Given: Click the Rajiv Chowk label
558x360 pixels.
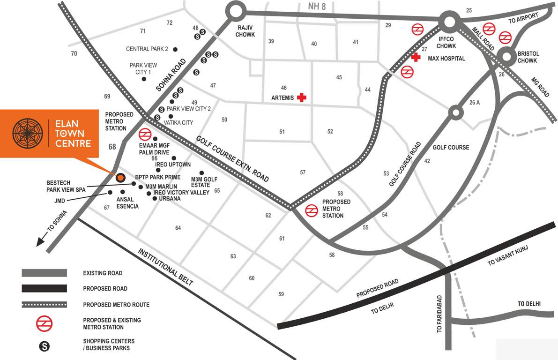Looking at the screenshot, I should pos(245,31).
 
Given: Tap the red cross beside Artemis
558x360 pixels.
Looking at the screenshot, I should pos(302,97).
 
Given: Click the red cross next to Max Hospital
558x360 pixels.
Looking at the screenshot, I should pos(415,58).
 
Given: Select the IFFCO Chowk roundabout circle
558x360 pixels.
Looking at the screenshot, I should pos(448,22).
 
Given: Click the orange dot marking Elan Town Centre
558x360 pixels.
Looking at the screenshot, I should pos(120,178).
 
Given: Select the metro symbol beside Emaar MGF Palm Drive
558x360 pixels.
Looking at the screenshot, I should pos(144,135).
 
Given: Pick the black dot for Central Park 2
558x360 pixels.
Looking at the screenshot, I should pos(175,49).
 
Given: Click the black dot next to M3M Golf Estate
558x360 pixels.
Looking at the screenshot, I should pos(201,172).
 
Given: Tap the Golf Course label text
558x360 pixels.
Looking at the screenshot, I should pos(451,147).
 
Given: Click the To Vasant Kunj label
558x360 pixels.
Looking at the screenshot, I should pos(508,255).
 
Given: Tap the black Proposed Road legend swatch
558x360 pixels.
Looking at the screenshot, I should pos(44,288).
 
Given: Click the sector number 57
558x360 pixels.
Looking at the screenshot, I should pos(303,172).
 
